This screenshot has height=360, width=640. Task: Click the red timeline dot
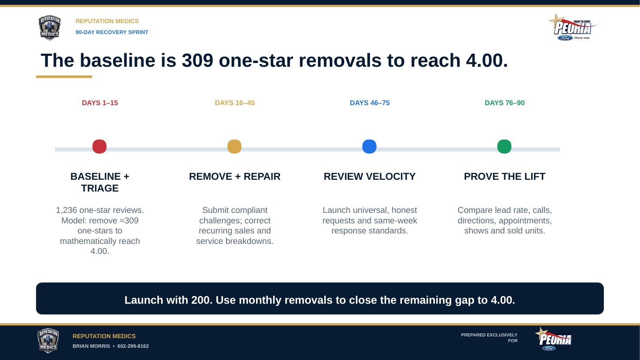[x=99, y=147]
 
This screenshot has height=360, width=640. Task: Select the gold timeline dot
[x=234, y=147]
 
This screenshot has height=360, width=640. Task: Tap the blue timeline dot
[x=370, y=147]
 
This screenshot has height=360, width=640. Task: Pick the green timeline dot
[x=504, y=147]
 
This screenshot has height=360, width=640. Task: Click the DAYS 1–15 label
[x=100, y=103]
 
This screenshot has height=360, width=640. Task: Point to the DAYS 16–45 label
[x=235, y=103]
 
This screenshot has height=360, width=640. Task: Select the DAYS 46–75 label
[x=370, y=103]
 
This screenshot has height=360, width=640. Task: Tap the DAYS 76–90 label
[x=505, y=103]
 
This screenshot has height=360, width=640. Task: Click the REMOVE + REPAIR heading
[x=235, y=177]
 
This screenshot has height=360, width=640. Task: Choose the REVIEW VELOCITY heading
[x=370, y=177]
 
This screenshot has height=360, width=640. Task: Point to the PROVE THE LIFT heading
[x=505, y=177]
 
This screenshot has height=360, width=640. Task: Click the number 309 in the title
[x=198, y=61]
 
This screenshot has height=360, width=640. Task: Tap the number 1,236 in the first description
[x=66, y=210]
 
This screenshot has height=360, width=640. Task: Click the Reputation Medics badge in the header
[x=49, y=28]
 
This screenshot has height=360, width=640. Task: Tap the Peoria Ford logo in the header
[x=573, y=27]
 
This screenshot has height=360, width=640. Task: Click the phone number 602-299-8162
[x=133, y=346]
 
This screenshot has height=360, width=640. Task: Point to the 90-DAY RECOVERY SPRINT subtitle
[x=112, y=32]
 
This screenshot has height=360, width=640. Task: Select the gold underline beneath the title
[x=64, y=76]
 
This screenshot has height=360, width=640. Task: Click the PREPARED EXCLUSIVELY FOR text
[x=489, y=338]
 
